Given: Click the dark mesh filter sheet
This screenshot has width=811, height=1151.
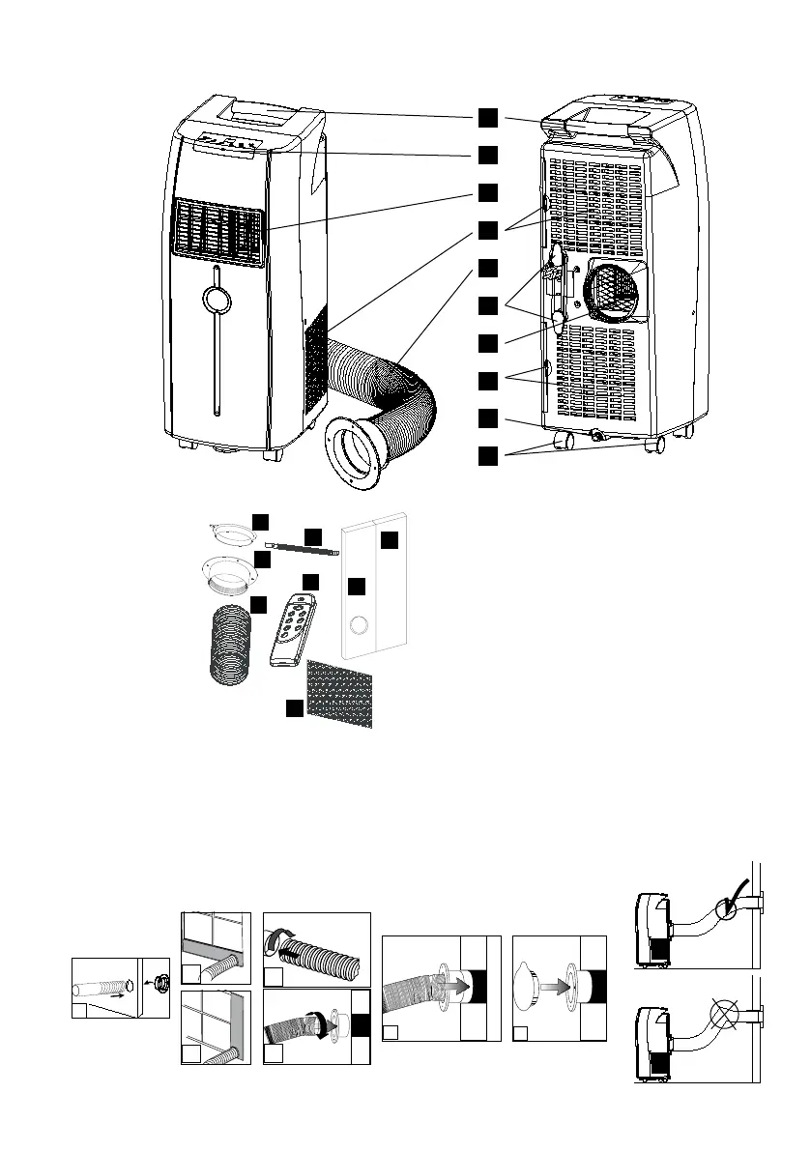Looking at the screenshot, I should click(341, 693).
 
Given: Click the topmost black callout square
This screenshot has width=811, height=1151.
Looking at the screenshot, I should click(490, 117).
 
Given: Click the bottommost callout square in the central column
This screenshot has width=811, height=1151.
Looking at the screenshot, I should click(490, 454).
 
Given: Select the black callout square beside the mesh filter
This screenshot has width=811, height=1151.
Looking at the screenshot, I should click(294, 709).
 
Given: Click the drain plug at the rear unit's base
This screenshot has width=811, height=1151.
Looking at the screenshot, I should click(597, 435).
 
